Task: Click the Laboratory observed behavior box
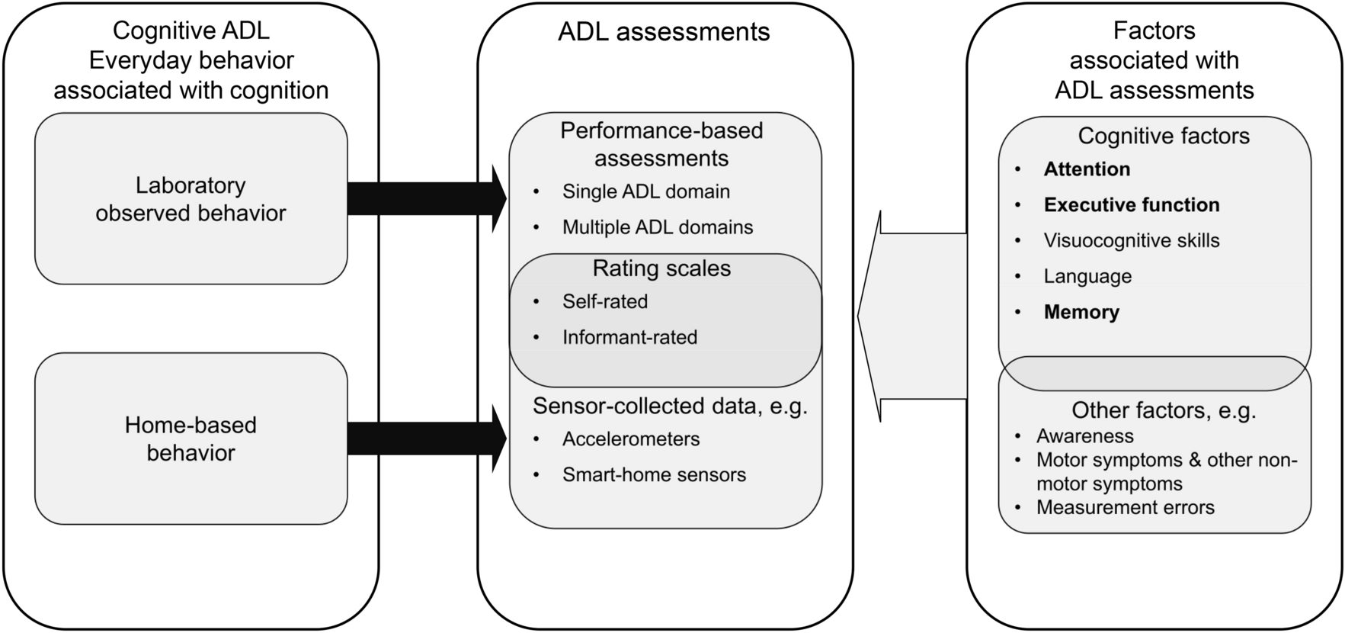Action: click(x=191, y=199)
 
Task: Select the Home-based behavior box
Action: click(x=191, y=439)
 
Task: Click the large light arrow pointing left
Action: click(x=914, y=316)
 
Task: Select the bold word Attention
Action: click(x=1087, y=169)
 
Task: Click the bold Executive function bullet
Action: click(x=1132, y=205)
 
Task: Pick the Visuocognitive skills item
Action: click(x=1132, y=241)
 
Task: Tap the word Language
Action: click(x=1087, y=276)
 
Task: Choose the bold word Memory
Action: click(x=1081, y=312)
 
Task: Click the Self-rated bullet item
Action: click(x=605, y=301)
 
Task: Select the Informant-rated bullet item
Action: click(x=629, y=337)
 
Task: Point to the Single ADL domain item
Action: click(x=646, y=191)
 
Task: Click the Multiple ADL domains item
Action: click(x=658, y=227)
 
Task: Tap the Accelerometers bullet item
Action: click(x=631, y=439)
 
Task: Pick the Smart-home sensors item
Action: click(x=654, y=475)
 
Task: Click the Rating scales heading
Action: click(x=661, y=268)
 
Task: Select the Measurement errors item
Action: click(x=1125, y=508)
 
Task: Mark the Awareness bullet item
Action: click(x=1084, y=436)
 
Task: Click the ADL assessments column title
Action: click(x=664, y=32)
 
